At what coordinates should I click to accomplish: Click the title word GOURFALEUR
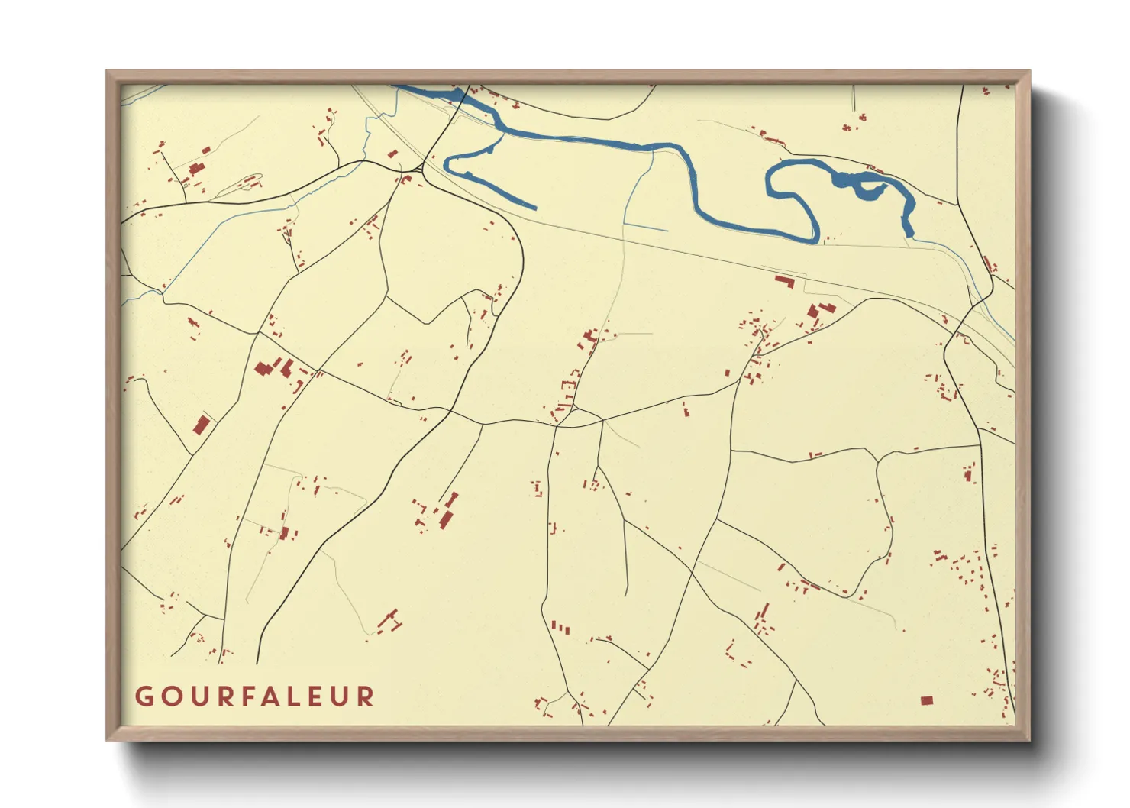255,696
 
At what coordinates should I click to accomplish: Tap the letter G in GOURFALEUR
143,696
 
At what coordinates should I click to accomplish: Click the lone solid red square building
927,700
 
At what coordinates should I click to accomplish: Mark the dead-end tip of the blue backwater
534,207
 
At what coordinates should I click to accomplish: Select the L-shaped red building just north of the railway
785,282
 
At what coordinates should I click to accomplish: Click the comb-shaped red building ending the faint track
390,619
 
